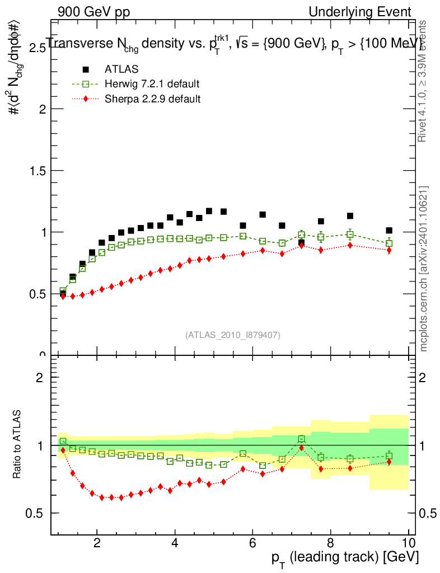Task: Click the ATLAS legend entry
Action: [121, 69]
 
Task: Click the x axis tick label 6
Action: [252, 542]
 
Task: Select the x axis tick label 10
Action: [409, 542]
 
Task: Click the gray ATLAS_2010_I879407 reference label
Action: [233, 335]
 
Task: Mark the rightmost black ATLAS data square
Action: [389, 231]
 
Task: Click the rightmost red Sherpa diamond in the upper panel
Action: [389, 250]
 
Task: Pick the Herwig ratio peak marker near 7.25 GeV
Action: [301, 439]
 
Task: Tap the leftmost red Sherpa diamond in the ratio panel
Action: [63, 450]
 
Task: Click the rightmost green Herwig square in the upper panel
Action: [389, 243]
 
